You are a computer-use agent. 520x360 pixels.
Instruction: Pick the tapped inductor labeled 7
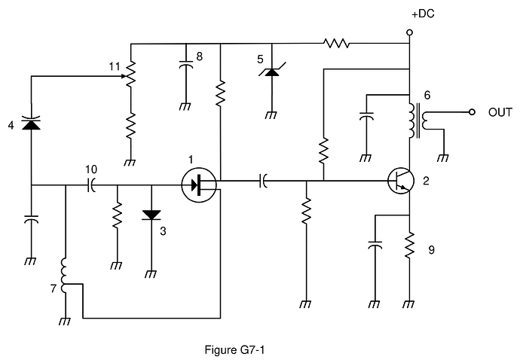pyautogui.click(x=66, y=276)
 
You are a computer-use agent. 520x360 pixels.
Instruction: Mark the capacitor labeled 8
pyautogui.click(x=185, y=66)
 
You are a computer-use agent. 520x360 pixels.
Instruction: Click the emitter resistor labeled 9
pyautogui.click(x=409, y=245)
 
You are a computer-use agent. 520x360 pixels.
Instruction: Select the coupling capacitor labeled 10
pyautogui.click(x=92, y=185)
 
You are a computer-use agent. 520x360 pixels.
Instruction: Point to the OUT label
pyautogui.click(x=500, y=112)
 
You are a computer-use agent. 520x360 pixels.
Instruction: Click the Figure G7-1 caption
pyautogui.click(x=234, y=349)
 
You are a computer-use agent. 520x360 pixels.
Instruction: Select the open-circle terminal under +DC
pyautogui.click(x=409, y=32)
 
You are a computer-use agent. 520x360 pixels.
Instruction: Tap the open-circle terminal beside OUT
pyautogui.click(x=471, y=112)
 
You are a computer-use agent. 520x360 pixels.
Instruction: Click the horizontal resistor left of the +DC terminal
pyautogui.click(x=336, y=44)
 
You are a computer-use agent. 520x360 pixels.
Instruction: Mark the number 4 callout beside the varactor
pyautogui.click(x=11, y=125)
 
